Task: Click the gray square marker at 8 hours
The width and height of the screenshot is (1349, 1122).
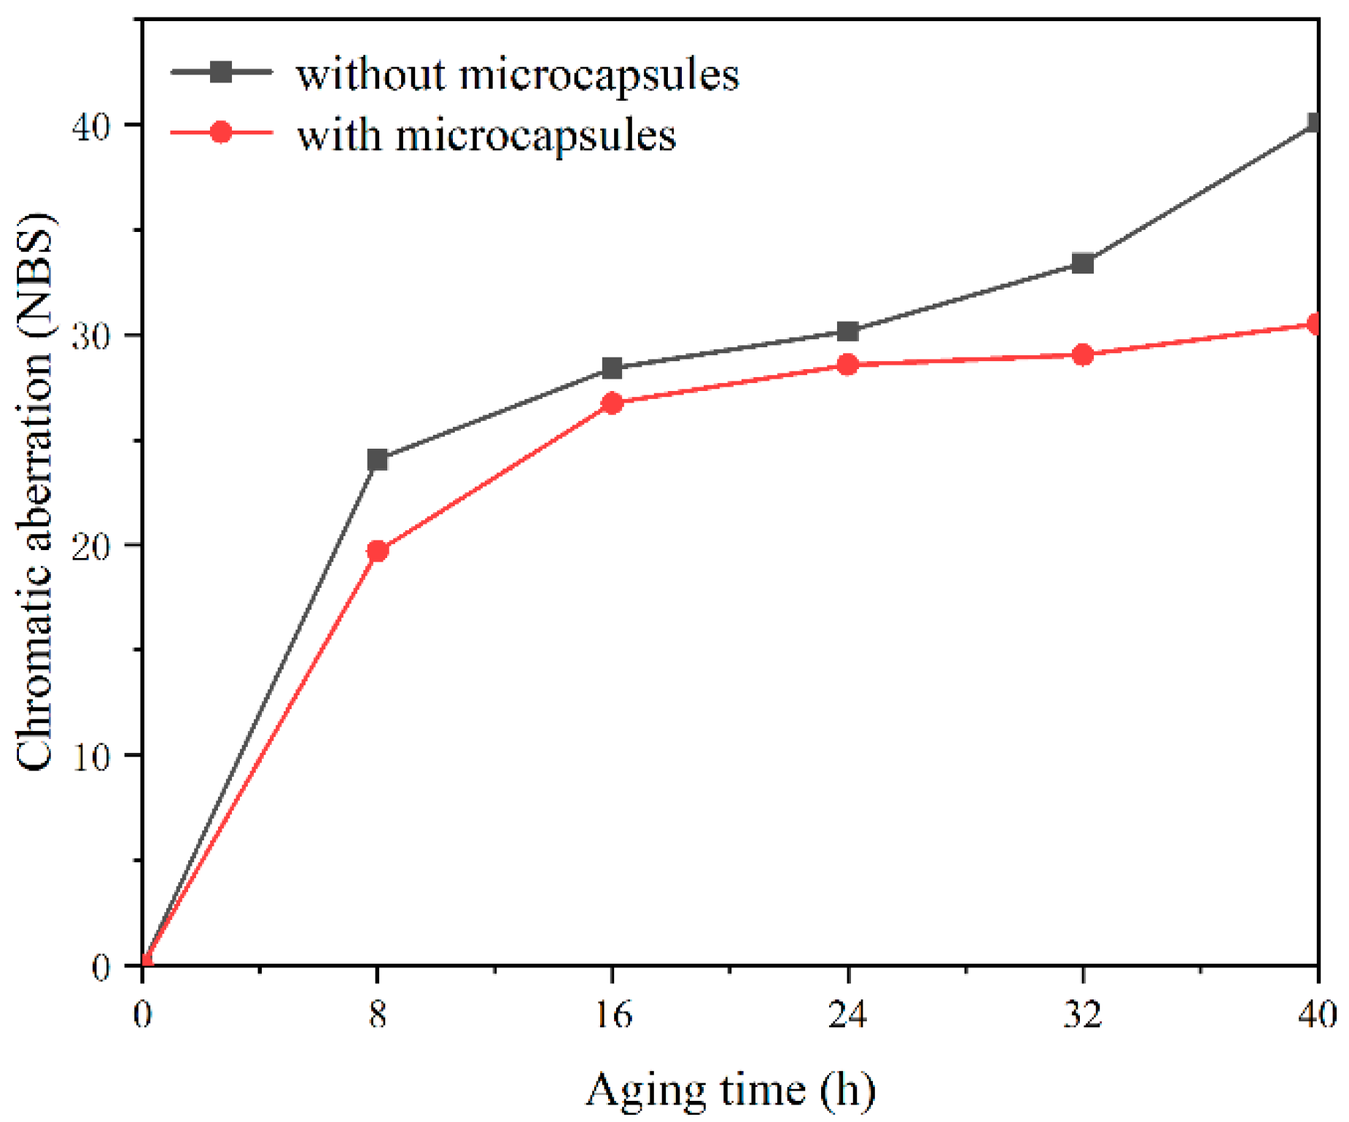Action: (x=377, y=460)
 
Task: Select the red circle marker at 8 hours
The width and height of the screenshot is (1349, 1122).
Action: (x=377, y=551)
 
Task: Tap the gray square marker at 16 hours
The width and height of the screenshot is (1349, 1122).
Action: (x=612, y=368)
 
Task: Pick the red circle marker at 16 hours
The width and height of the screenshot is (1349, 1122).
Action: (x=612, y=403)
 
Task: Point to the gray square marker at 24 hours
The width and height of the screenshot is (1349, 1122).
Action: (x=847, y=331)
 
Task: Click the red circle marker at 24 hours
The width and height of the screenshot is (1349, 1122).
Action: (x=847, y=364)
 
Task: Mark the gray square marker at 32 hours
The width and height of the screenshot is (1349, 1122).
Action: (x=1083, y=263)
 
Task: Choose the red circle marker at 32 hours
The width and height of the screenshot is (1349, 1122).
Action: (x=1083, y=355)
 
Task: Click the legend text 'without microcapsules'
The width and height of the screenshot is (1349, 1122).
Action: (x=517, y=75)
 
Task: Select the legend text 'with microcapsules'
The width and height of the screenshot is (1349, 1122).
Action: (x=486, y=136)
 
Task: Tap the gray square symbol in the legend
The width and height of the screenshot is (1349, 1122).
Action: (x=220, y=71)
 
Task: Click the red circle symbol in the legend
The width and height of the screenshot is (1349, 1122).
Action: (x=220, y=132)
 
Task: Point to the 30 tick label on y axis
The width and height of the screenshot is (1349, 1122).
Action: (x=91, y=336)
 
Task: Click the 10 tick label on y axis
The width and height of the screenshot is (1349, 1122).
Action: (x=91, y=757)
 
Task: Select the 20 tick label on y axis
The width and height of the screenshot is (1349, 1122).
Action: (x=91, y=546)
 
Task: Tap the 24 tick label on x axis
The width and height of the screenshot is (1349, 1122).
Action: (x=847, y=1014)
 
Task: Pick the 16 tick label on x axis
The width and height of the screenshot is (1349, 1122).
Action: (x=613, y=1014)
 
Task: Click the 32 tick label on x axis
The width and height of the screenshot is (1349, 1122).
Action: (x=1083, y=1014)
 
